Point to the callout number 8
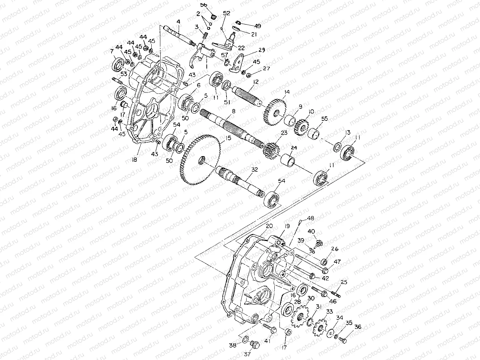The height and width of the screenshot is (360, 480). (233, 111)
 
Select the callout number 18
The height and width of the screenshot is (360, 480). (134, 160)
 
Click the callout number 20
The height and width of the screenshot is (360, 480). (267, 226)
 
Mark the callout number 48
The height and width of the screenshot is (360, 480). (310, 218)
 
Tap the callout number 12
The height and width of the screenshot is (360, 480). (256, 82)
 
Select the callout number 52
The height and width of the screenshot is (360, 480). (226, 13)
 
